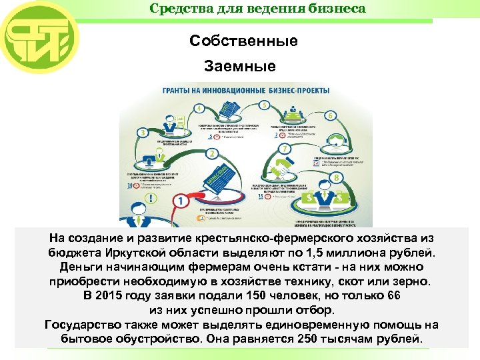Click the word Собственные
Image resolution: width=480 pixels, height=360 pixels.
pyautogui.click(x=243, y=41)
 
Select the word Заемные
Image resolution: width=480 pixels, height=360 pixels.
pyautogui.click(x=240, y=67)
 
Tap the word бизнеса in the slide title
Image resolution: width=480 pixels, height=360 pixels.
pyautogui.click(x=340, y=9)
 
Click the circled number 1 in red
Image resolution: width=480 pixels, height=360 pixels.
pyautogui.click(x=180, y=200)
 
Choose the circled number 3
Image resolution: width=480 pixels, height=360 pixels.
pyautogui.click(x=142, y=132)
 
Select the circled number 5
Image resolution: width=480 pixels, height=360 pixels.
pyautogui.click(x=265, y=105)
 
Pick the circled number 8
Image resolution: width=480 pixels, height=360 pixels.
pyautogui.click(x=336, y=177)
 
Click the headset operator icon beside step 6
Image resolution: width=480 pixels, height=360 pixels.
pyautogui.click(x=333, y=143)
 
